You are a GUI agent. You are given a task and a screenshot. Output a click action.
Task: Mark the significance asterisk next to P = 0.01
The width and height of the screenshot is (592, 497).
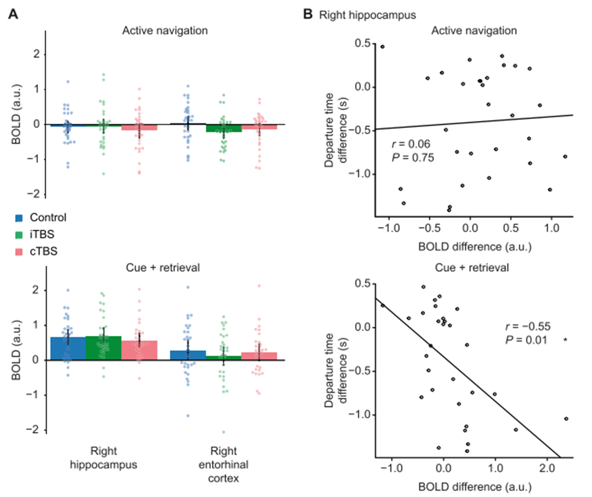click(566, 341)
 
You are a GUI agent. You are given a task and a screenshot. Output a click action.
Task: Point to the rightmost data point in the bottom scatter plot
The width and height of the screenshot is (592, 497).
click(566, 419)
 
